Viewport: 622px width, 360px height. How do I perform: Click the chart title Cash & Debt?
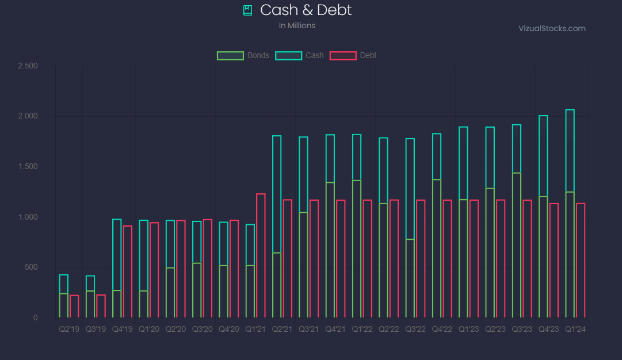[306, 10]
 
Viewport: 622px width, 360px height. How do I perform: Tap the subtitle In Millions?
[297, 25]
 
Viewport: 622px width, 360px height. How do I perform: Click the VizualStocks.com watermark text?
[552, 28]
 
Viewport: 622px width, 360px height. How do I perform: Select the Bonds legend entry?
[243, 56]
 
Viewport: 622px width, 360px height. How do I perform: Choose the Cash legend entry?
[300, 56]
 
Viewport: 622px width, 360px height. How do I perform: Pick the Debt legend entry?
[353, 56]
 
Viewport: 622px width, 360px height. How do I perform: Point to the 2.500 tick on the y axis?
[28, 66]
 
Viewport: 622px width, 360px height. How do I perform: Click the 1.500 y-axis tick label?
[28, 167]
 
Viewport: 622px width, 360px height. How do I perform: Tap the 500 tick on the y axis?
[31, 267]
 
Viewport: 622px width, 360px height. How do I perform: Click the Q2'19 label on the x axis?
[69, 329]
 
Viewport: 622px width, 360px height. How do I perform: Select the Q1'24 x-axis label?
[575, 329]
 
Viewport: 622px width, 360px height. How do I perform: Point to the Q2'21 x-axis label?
[282, 329]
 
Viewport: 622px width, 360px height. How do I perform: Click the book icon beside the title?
[247, 10]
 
